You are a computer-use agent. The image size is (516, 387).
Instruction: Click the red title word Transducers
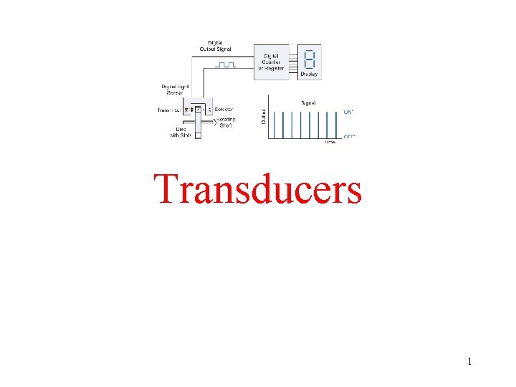(x=258, y=189)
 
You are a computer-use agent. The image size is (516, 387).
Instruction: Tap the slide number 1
(x=469, y=361)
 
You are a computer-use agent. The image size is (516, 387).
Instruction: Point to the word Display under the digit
(x=310, y=74)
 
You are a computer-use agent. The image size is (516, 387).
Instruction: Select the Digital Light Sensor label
(x=173, y=90)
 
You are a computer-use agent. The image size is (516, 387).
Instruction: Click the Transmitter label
(x=170, y=110)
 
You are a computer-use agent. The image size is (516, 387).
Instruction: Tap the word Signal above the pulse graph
(x=308, y=103)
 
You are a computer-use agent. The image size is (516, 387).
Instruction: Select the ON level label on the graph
(x=350, y=112)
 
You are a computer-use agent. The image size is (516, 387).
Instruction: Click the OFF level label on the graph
(x=350, y=136)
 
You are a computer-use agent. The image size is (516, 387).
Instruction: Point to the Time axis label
(x=330, y=142)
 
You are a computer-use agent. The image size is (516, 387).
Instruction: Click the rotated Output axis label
(x=263, y=115)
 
